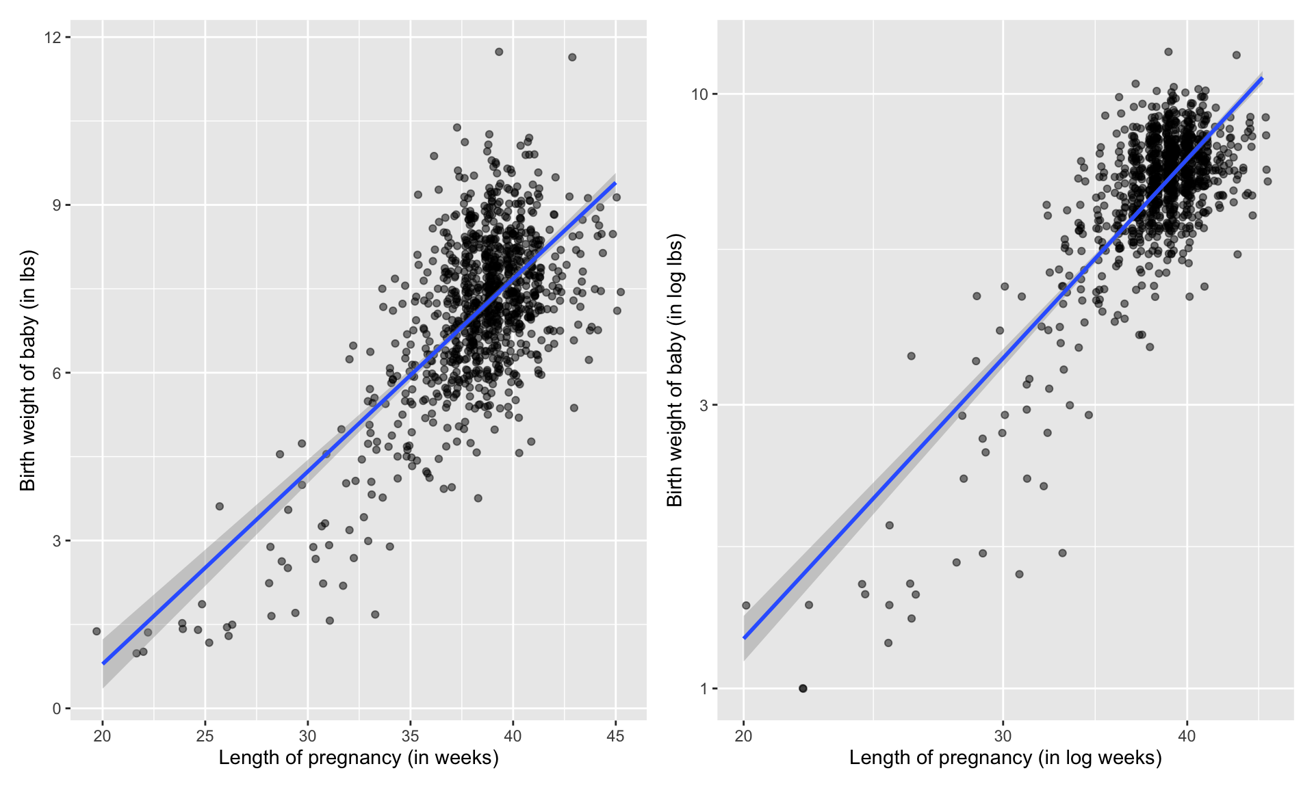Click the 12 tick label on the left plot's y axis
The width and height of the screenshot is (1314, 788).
[x=52, y=37]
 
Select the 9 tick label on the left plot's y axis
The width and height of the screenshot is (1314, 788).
[x=57, y=205]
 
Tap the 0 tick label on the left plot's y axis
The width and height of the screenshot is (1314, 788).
[x=57, y=709]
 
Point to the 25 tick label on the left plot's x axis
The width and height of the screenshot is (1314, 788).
[x=205, y=736]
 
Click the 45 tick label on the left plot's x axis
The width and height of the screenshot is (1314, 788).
[x=615, y=736]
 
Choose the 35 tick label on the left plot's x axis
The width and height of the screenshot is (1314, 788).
[x=410, y=736]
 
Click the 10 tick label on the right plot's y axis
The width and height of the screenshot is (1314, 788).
[x=699, y=94]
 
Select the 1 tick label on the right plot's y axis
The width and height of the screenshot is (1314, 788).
[x=704, y=689]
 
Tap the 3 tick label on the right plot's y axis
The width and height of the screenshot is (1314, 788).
[x=704, y=405]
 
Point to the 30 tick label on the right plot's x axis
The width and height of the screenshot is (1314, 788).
[x=1003, y=736]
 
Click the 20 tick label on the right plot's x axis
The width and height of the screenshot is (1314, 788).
[x=743, y=736]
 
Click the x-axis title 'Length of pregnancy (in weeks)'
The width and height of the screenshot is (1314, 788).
[x=359, y=758]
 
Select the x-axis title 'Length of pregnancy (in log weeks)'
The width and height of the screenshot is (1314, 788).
[x=1005, y=758]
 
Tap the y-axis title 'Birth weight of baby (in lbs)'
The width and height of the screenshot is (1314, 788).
[x=27, y=370]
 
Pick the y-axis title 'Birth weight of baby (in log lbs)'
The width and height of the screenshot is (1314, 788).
[x=675, y=370]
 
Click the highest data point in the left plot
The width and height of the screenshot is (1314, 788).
[x=499, y=52]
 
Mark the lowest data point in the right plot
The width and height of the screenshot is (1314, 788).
[x=803, y=688]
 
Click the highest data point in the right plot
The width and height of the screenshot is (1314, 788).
[x=1168, y=52]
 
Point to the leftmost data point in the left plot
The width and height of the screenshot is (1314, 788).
[x=96, y=631]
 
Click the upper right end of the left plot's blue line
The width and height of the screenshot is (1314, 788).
[x=615, y=183]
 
